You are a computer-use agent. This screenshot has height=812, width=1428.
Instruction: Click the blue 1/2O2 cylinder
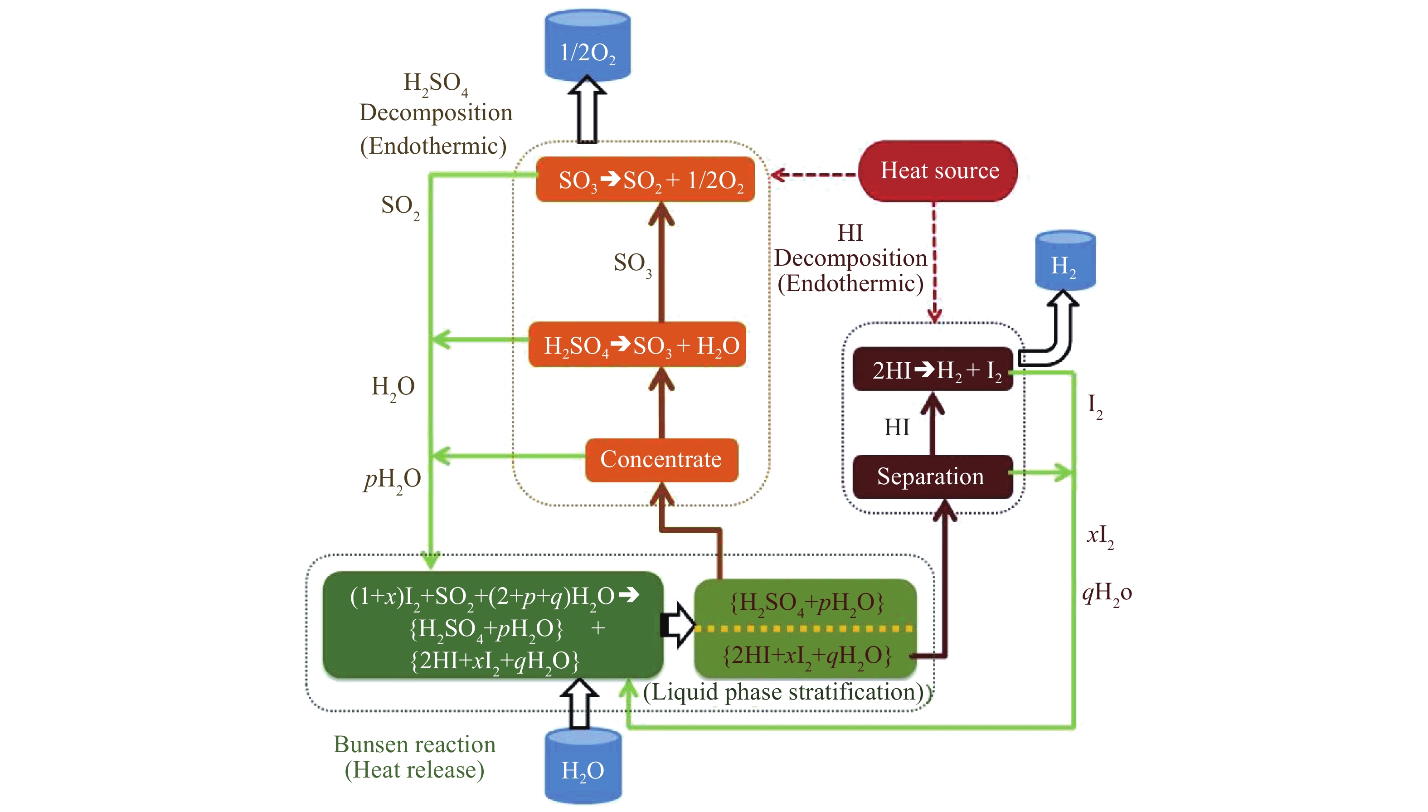587,48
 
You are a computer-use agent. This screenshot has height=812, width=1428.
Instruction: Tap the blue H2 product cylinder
1064,262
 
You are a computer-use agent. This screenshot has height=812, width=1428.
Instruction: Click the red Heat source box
938,170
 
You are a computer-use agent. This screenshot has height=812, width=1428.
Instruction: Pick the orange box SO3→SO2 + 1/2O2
645,180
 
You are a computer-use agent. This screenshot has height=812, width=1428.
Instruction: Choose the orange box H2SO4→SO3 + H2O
637,345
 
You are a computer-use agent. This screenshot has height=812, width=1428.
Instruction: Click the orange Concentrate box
661,460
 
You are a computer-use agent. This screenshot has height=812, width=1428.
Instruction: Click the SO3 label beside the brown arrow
632,263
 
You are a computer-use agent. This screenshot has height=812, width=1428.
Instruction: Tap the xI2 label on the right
1100,536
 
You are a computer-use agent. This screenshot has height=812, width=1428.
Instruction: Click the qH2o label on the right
1106,593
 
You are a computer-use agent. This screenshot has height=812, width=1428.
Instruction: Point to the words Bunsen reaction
414,744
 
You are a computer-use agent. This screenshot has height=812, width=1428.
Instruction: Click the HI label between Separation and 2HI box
896,427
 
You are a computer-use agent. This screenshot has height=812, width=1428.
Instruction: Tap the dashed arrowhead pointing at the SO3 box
778,175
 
